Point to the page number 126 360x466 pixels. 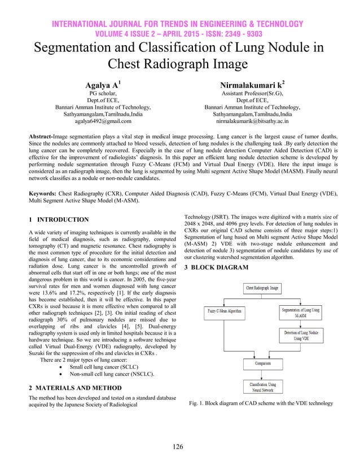[179, 447]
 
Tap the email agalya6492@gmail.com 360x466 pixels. [102, 121]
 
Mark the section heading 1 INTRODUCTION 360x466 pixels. [58, 219]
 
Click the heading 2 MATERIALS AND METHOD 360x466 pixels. [74, 389]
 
